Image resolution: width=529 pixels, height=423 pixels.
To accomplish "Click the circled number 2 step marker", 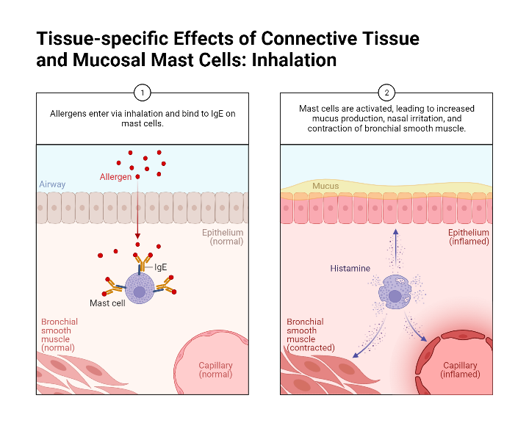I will [387, 93].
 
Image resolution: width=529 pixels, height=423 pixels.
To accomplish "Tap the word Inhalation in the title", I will [294, 59].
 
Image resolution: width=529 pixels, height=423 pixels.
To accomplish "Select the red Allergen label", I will [115, 177].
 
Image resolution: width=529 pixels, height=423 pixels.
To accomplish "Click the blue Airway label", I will [52, 184].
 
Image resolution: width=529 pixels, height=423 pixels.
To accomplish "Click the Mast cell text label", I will [107, 303].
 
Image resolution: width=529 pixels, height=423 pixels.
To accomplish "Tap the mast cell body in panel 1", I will [140, 289].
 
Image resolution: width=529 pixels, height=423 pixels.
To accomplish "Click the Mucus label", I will [325, 186].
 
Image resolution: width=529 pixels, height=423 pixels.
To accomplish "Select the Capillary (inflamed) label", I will [461, 369].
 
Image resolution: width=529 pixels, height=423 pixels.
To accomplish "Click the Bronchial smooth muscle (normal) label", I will [60, 335].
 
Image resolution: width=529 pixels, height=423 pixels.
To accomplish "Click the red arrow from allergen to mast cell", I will [137, 213].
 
